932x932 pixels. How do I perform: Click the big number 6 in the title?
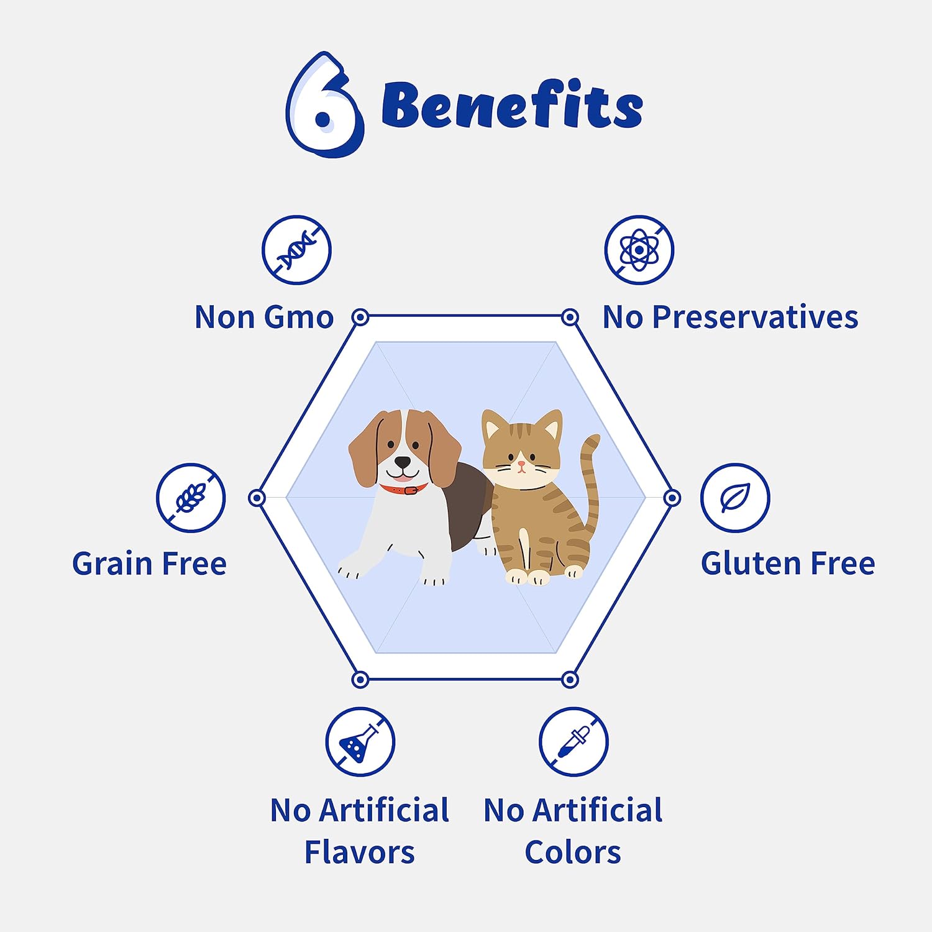(323, 106)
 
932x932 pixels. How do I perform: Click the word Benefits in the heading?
(512, 106)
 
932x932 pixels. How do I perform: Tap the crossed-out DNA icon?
(296, 250)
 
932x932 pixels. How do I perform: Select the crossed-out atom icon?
(639, 250)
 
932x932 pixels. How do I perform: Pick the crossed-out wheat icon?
(191, 497)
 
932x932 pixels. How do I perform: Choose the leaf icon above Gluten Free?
(735, 497)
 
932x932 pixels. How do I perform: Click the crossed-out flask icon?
(360, 741)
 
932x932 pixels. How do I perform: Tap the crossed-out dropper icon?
(573, 741)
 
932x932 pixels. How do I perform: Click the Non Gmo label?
(264, 317)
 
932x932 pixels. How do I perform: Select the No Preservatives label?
(730, 317)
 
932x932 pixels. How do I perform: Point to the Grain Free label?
(149, 564)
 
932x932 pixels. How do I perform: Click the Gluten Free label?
(788, 564)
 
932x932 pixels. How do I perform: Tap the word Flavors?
(359, 852)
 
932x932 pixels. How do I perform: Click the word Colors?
(573, 852)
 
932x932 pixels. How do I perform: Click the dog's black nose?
(403, 462)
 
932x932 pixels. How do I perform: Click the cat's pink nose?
(522, 464)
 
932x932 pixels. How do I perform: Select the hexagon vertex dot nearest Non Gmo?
(360, 318)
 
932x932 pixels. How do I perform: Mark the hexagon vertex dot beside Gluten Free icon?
(672, 498)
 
